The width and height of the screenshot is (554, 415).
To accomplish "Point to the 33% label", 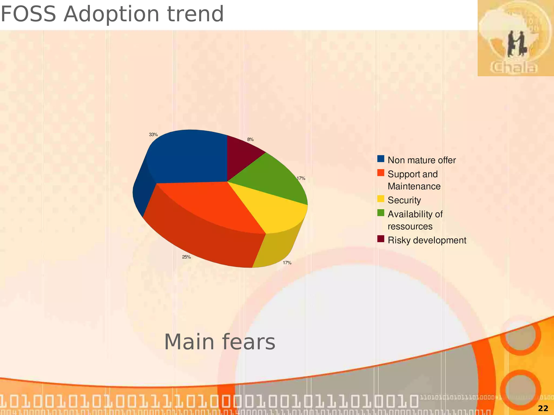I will [153, 135].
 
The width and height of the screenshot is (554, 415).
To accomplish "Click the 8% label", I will [250, 140].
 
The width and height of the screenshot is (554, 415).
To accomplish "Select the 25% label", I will [186, 257].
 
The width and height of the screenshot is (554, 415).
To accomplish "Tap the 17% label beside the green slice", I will [301, 178].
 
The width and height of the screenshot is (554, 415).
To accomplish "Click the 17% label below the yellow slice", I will [287, 263].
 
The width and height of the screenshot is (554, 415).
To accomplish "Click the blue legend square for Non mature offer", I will [381, 159].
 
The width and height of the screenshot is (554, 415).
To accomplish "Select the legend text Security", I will [404, 200].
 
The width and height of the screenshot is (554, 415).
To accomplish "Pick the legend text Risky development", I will [427, 240].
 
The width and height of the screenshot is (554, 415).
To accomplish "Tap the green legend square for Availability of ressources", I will [381, 213].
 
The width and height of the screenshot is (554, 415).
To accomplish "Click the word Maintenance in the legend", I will [414, 186].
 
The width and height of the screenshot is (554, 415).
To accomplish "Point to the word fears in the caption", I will [249, 342].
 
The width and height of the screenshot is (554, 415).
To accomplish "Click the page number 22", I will [543, 408].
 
